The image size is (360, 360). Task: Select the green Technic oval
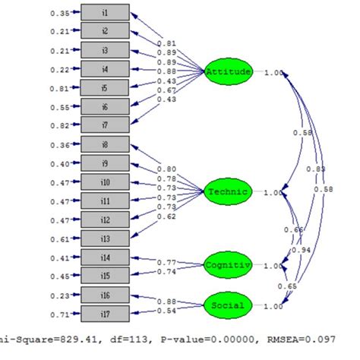coord(227,191)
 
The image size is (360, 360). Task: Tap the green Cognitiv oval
coord(227,265)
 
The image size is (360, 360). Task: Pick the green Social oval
coord(227,306)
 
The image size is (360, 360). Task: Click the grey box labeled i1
coord(104,14)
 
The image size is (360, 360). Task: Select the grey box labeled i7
coord(104,125)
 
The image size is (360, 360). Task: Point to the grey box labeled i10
coord(104,182)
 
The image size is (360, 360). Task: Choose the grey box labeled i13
coord(104,238)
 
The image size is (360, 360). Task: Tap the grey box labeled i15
coord(104,276)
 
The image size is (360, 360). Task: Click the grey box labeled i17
coord(104,314)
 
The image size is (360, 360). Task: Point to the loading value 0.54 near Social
coord(168,311)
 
